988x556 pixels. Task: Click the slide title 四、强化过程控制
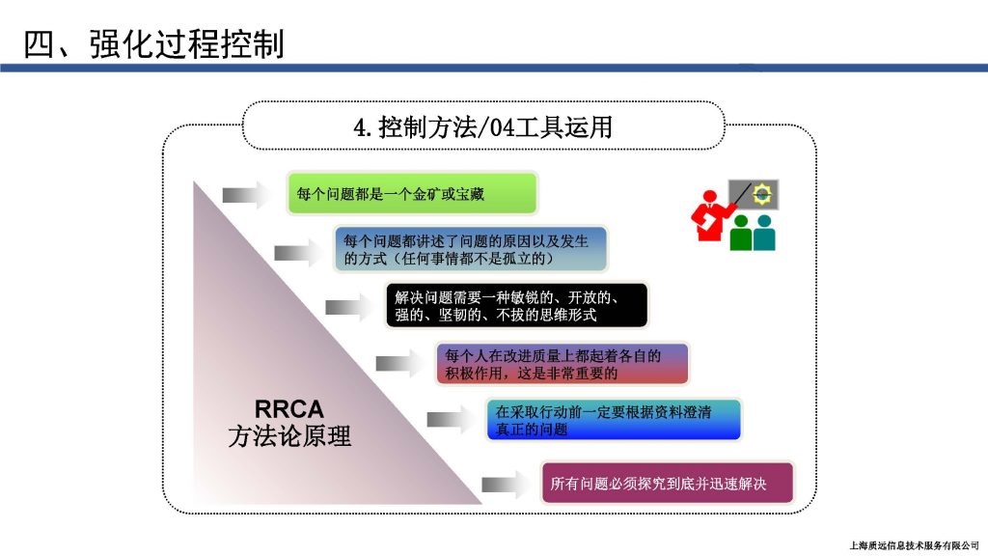[x=153, y=44]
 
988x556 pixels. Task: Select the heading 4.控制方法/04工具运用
[x=483, y=127]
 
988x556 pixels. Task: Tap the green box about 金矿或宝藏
[x=412, y=193]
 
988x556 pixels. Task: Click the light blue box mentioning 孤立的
[x=471, y=249]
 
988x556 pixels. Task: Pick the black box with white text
[x=517, y=306]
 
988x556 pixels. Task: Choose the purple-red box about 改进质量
[x=563, y=364]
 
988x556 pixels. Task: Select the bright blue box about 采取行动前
[x=614, y=420]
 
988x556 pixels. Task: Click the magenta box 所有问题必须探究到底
[x=668, y=483]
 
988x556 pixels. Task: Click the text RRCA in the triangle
[x=289, y=409]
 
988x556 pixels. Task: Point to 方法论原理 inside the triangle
[x=289, y=436]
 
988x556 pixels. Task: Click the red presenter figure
[x=712, y=215]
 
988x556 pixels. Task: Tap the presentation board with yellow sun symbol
[x=754, y=194]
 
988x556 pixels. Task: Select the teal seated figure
[x=764, y=233]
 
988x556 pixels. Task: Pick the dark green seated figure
[x=741, y=233]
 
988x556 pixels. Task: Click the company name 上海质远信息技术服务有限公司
[x=914, y=545]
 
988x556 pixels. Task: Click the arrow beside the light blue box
[x=297, y=254]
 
